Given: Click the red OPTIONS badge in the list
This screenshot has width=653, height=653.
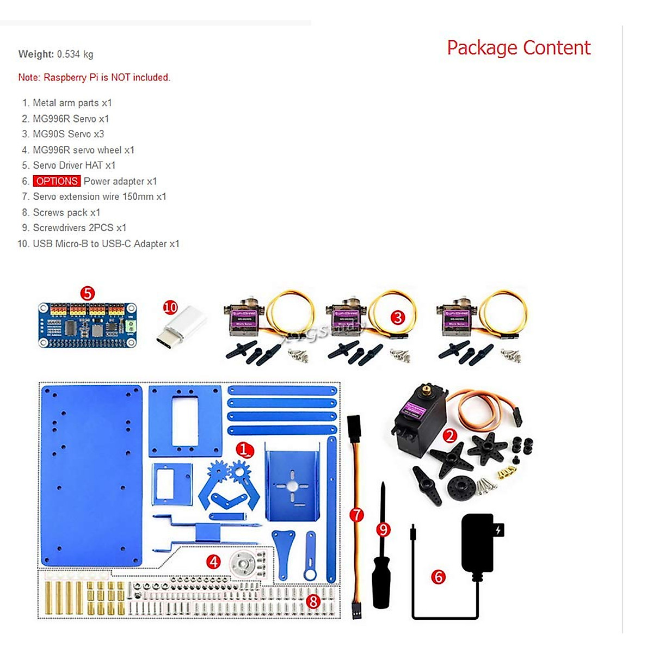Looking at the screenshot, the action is [57, 181].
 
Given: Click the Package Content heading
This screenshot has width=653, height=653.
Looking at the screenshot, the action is [518, 48].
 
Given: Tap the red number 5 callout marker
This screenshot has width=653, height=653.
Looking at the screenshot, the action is [87, 293].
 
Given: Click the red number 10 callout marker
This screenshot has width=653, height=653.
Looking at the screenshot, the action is [170, 307].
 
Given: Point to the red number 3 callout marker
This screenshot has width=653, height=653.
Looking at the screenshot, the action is [398, 317].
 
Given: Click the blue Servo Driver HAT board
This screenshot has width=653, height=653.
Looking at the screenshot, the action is [87, 325].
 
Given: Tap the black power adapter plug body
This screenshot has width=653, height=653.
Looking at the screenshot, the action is [478, 544].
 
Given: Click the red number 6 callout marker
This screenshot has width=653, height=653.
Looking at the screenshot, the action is [439, 577].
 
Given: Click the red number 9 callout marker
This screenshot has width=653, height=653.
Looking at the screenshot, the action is [384, 529].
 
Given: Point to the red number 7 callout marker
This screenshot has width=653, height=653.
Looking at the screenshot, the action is [356, 514].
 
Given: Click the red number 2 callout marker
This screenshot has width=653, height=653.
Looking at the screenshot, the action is [449, 435].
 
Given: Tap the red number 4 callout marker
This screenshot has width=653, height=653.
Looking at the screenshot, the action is [214, 562].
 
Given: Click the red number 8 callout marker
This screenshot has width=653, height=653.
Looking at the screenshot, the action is [313, 601].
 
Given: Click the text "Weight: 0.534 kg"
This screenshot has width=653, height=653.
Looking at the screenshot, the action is [56, 54].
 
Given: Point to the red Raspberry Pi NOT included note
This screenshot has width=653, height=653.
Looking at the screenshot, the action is [94, 77].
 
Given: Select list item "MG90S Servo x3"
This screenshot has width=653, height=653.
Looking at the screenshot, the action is [68, 134].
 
